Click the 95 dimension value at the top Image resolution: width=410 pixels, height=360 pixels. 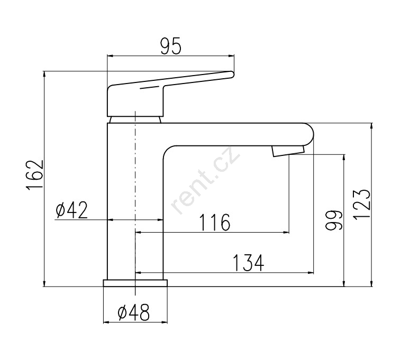(170, 46)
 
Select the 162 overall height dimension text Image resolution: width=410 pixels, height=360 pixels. (35, 174)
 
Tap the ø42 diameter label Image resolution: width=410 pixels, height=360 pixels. (71, 210)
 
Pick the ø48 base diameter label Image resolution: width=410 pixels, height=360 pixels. (134, 312)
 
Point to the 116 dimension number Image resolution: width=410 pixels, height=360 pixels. (215, 223)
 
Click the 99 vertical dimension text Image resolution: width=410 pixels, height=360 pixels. (334, 220)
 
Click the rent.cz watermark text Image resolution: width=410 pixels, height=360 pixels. (205, 180)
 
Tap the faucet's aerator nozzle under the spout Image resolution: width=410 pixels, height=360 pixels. (288, 151)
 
